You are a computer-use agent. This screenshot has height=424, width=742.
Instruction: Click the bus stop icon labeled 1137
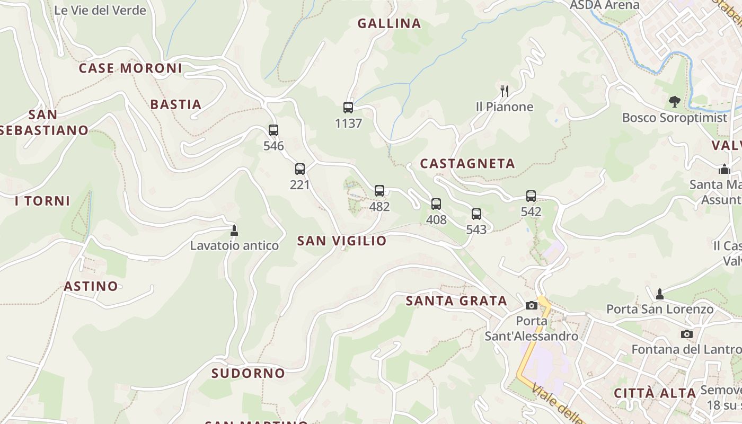tap(348, 108)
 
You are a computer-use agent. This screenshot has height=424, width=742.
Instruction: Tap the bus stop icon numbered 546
tap(273, 130)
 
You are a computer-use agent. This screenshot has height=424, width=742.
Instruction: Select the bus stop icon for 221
tap(300, 169)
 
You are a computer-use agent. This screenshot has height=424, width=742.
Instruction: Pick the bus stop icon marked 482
tap(379, 191)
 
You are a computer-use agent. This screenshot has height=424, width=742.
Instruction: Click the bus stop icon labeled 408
tap(436, 204)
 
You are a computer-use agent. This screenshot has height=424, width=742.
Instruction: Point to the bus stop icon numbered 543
tap(476, 214)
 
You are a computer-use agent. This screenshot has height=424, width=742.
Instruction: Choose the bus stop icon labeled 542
tap(531, 196)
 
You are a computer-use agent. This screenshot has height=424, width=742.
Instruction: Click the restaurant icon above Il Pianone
tap(505, 91)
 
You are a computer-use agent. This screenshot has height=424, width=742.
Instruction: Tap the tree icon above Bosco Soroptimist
tap(674, 101)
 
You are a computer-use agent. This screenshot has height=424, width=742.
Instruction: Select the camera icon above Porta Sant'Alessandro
tap(532, 305)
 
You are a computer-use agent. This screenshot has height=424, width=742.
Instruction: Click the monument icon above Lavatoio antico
tap(234, 231)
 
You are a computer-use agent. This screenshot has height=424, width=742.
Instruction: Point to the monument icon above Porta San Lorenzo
tap(660, 294)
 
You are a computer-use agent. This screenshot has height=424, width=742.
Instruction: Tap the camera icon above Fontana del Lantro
tap(687, 334)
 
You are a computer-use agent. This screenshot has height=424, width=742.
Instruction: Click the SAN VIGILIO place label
tap(342, 241)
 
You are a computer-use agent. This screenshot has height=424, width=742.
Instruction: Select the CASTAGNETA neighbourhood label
tap(467, 164)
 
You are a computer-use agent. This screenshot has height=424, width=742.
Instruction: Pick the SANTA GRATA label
tap(456, 301)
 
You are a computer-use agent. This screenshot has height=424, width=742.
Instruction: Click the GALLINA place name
tap(389, 23)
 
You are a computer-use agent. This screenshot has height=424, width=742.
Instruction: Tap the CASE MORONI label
tap(130, 68)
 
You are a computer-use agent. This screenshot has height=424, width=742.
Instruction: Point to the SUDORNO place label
tap(248, 373)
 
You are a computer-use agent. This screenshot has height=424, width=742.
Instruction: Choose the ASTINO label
tap(91, 286)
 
